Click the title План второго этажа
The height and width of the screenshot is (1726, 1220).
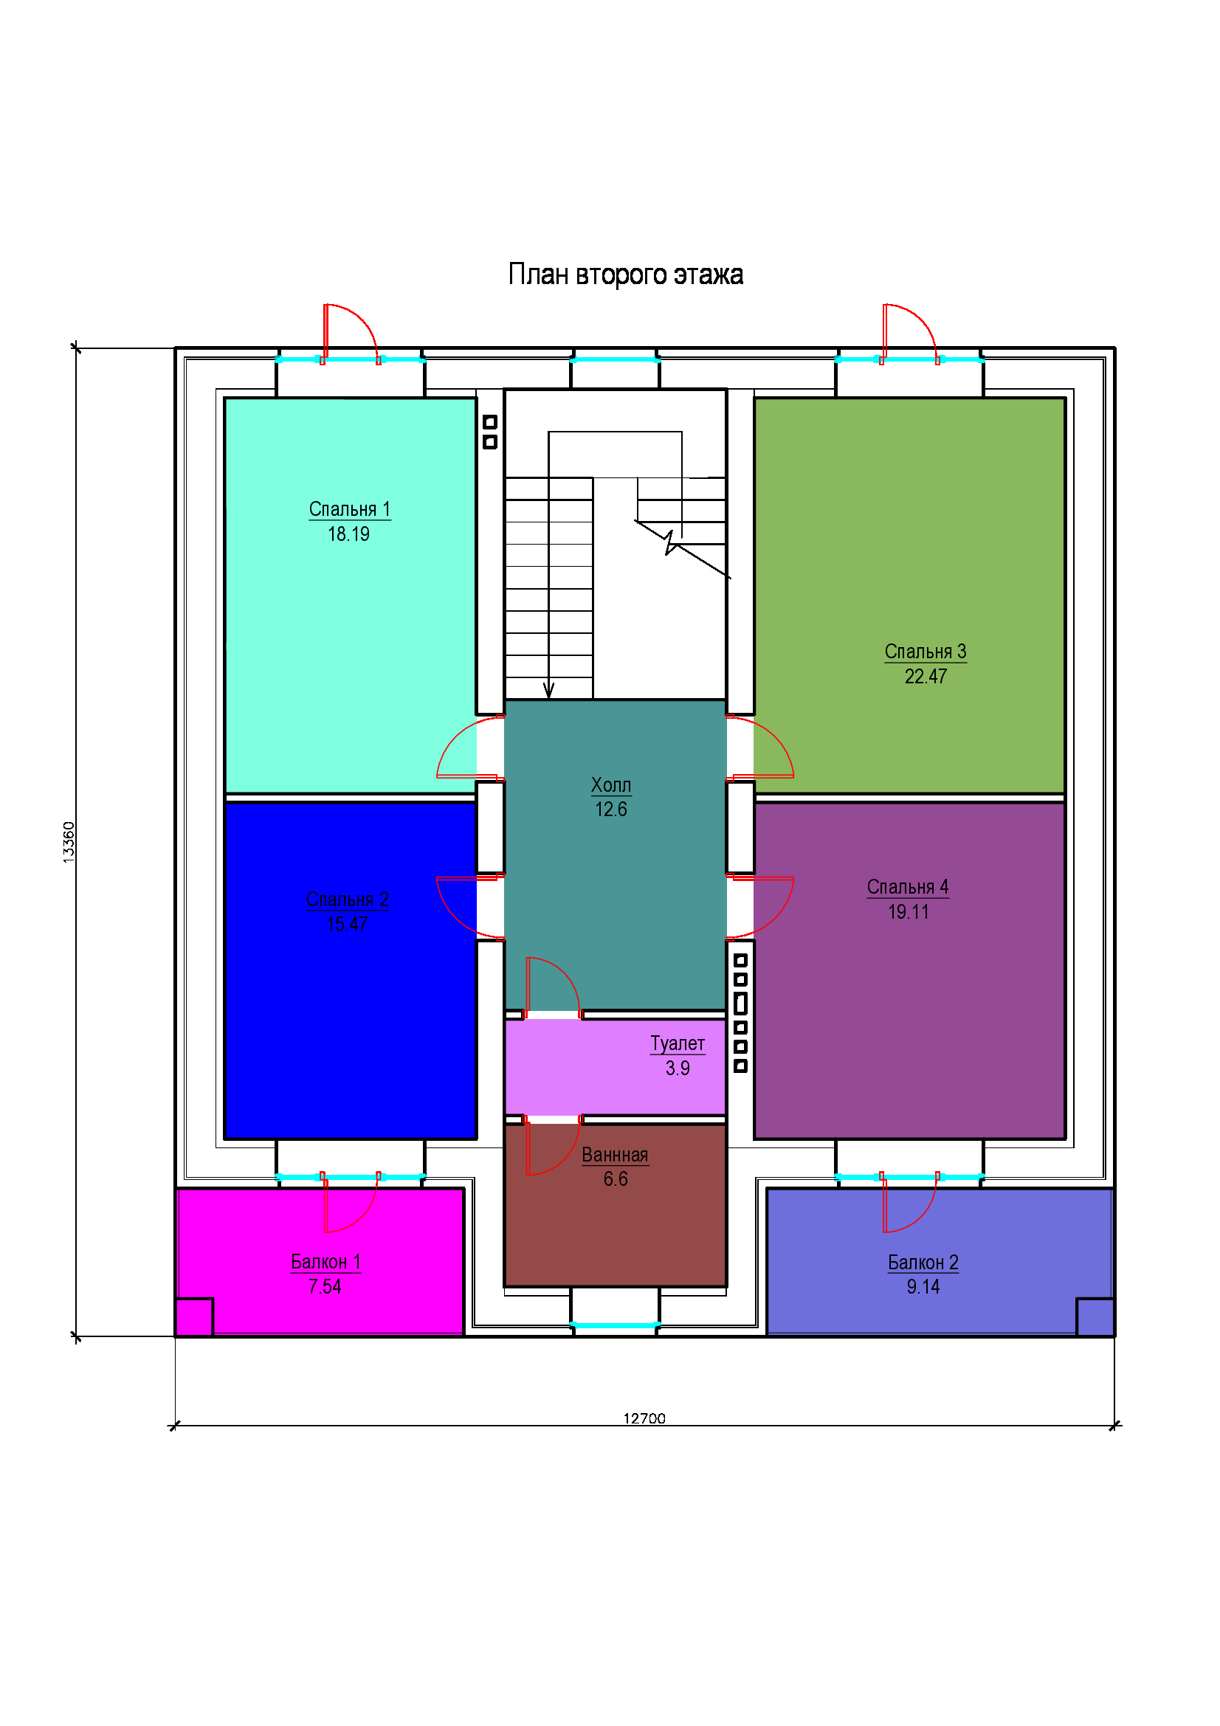[x=625, y=275]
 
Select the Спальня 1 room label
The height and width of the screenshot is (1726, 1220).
[x=350, y=509]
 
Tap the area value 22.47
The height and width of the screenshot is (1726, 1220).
[x=926, y=677]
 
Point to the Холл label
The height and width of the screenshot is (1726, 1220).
[x=610, y=785]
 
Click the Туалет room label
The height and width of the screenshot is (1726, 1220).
[x=678, y=1043]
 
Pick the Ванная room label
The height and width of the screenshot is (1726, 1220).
[x=615, y=1155]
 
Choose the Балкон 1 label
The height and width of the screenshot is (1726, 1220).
[x=325, y=1261]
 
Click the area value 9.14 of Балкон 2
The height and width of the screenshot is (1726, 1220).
[x=923, y=1287]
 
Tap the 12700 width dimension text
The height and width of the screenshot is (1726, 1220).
[x=644, y=1418]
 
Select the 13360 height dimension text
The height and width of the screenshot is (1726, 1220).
[x=69, y=842]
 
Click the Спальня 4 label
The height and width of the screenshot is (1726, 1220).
[x=907, y=887]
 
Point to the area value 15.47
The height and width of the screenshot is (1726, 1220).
[x=347, y=925]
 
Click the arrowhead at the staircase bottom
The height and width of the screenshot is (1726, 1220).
[x=548, y=690]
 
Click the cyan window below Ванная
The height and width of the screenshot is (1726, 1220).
[x=615, y=1325]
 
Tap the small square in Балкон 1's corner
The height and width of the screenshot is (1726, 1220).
[x=194, y=1317]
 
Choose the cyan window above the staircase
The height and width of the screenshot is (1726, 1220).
[x=615, y=360]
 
